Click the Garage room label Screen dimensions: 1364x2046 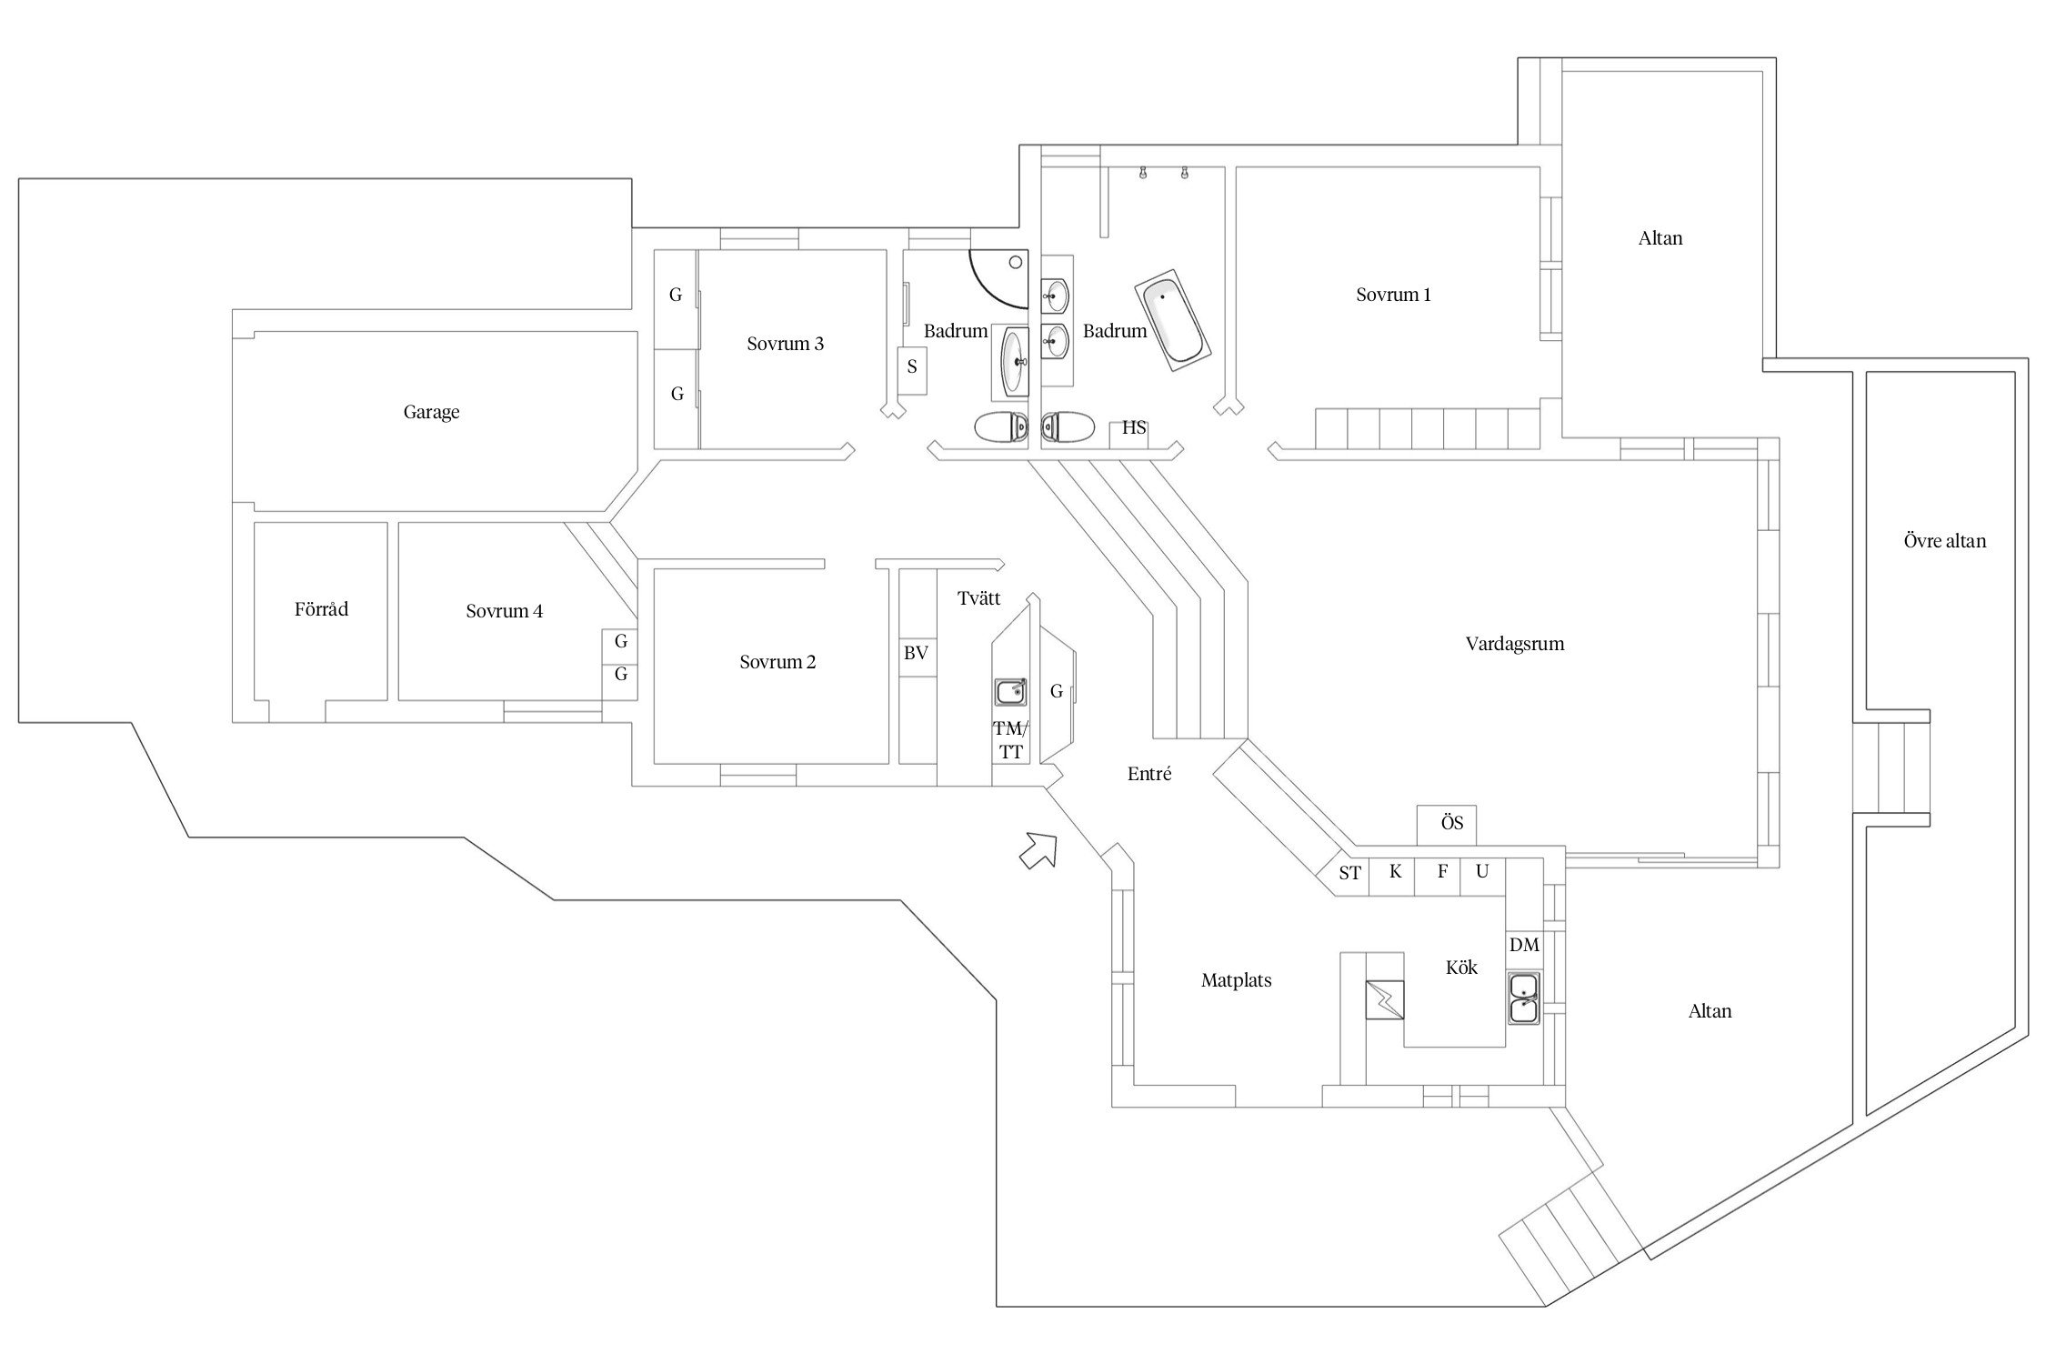pos(431,412)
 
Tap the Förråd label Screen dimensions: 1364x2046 pos(321,609)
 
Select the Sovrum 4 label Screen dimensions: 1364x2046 pos(504,611)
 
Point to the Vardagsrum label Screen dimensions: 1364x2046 pos(1514,644)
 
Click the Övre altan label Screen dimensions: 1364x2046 pos(1944,541)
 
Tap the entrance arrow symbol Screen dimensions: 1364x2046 pos(1038,850)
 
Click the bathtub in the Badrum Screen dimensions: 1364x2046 pos(1171,320)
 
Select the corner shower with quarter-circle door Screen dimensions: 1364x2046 pos(1000,277)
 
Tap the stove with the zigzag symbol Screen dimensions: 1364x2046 pos(1384,999)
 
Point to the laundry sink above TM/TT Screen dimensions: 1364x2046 pos(1010,692)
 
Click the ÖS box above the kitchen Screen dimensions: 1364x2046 pos(1452,823)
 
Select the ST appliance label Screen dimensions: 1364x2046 pos(1350,873)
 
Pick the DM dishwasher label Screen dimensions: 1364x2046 pos(1524,945)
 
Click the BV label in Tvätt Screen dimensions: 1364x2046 pos(916,653)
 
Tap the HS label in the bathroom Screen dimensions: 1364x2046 pos(1134,428)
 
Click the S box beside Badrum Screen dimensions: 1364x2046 pos(912,367)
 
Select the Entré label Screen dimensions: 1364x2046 pos(1149,774)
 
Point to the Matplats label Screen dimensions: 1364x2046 pos(1236,980)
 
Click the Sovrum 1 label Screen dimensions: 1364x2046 pos(1393,295)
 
